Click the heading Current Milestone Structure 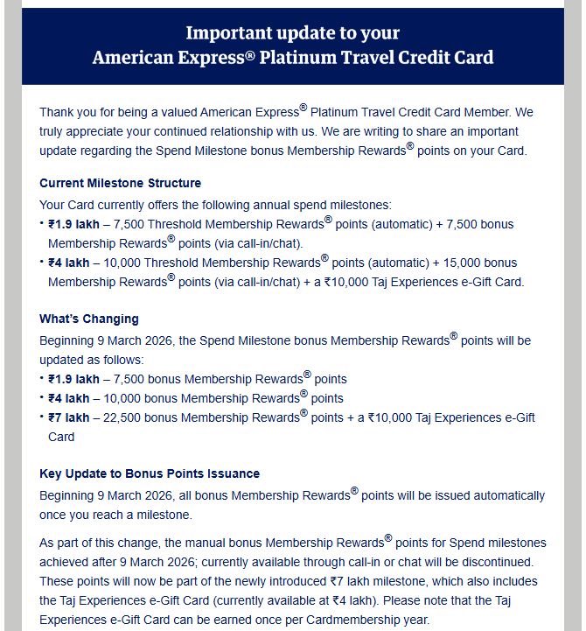pyautogui.click(x=120, y=183)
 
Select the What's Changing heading pyautogui.click(x=89, y=319)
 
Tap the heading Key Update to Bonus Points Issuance pyautogui.click(x=150, y=473)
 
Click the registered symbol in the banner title pyautogui.click(x=261, y=54)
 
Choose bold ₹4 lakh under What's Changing pyautogui.click(x=73, y=398)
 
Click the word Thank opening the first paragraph pyautogui.click(x=57, y=113)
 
